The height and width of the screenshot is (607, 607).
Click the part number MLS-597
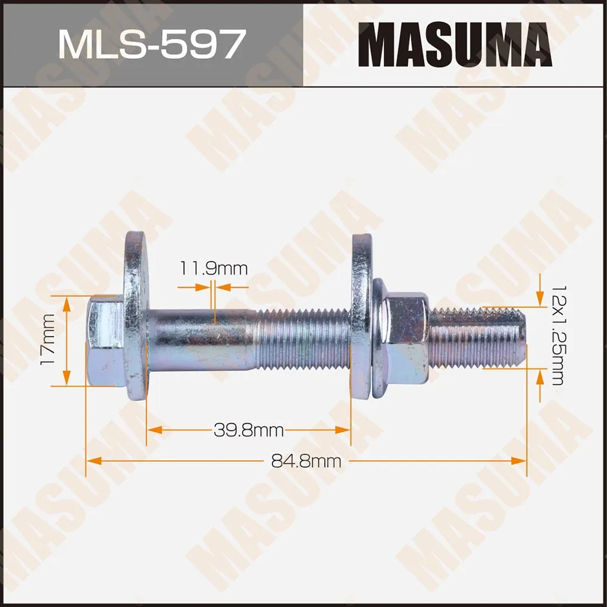(x=151, y=44)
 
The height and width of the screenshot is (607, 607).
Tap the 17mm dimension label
(x=47, y=341)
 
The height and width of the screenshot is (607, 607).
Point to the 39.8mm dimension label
(x=249, y=430)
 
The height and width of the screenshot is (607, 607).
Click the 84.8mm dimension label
(x=307, y=461)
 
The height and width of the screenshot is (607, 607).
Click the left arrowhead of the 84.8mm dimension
(x=92, y=461)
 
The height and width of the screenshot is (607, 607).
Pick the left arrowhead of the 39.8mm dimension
(x=153, y=430)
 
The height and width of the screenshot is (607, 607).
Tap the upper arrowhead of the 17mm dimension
(x=67, y=302)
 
